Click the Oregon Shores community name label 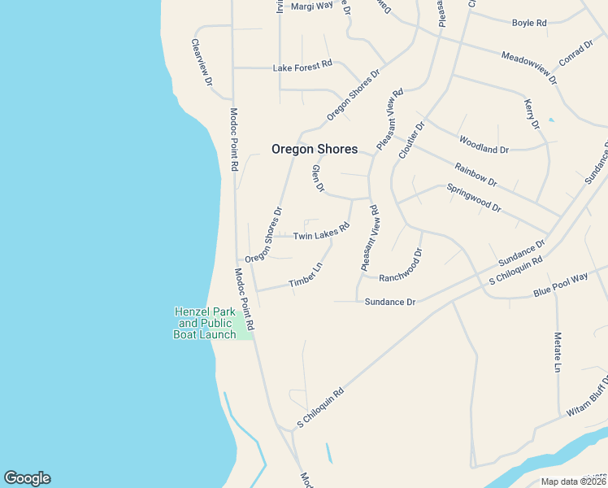pos(314,150)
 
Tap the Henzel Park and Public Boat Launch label pos(205,323)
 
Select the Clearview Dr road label pos(202,63)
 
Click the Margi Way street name pos(312,6)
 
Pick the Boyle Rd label pos(528,23)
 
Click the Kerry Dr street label pos(532,114)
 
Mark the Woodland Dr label pos(484,144)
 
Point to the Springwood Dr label pos(473,198)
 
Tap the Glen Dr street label pos(318,179)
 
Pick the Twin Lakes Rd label pos(320,233)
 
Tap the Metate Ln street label pos(558,351)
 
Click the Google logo pos(27,478)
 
